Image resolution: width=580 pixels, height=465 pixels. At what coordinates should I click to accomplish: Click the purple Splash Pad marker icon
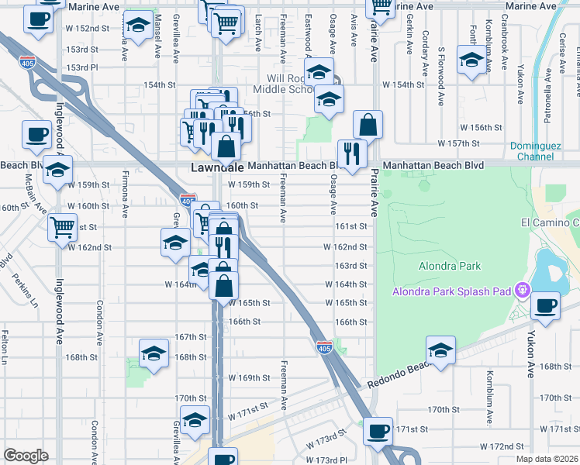point(523,291)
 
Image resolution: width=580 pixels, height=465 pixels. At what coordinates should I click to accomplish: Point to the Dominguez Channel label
point(542,151)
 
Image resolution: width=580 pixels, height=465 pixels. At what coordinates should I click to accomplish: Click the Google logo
point(26,456)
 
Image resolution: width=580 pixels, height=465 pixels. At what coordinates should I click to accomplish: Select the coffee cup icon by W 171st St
point(378,430)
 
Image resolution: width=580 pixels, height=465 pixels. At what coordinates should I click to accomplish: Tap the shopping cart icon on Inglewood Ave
point(62,228)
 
